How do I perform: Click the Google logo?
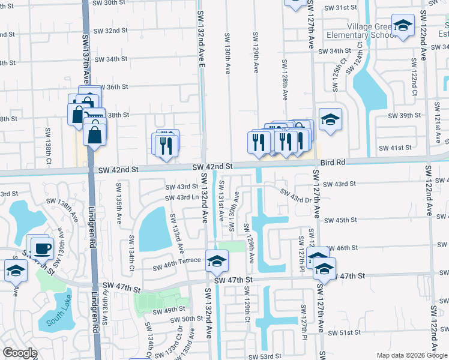(x=20, y=353)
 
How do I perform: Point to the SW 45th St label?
(x=347, y=220)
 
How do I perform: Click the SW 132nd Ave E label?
(x=202, y=36)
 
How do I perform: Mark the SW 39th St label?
(x=400, y=115)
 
